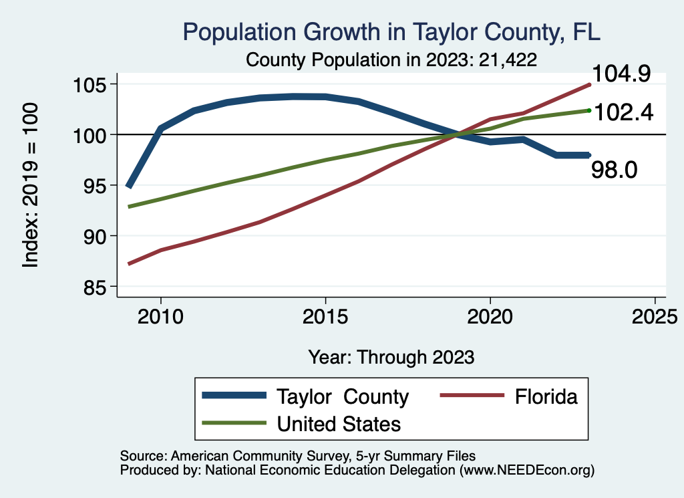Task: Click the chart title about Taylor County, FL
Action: click(x=392, y=32)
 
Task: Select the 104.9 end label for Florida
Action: click(x=619, y=74)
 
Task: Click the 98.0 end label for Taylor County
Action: click(x=615, y=170)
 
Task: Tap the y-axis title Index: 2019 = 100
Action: click(x=30, y=186)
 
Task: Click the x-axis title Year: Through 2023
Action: click(x=391, y=356)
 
